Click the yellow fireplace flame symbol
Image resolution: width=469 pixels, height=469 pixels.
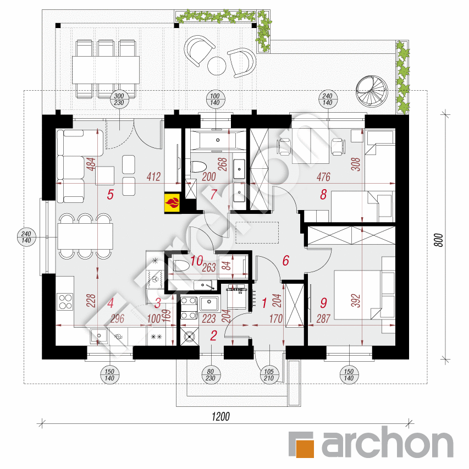172,203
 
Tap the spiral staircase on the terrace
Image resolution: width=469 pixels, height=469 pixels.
372,91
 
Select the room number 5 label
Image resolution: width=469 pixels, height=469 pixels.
111,195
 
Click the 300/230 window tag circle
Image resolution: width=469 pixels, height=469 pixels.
119,100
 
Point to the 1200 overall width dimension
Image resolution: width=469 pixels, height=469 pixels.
220,417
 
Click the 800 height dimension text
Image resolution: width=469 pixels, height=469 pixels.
439,240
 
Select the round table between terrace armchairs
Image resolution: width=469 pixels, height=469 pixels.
217,66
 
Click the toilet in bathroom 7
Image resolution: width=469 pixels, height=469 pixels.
198,167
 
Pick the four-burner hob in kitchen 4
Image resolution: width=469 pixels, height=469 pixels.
65,302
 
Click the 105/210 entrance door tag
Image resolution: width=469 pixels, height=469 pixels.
269,375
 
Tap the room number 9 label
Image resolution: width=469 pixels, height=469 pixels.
323,303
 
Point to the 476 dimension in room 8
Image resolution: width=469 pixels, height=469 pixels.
324,177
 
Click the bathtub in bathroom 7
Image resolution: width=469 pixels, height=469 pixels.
218,140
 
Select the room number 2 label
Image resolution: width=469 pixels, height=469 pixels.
213,336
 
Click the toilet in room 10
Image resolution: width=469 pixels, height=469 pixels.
182,266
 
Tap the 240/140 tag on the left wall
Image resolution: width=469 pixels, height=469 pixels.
26,237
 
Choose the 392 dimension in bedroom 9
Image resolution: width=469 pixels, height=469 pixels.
356,301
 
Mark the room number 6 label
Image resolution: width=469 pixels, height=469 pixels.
286,261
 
